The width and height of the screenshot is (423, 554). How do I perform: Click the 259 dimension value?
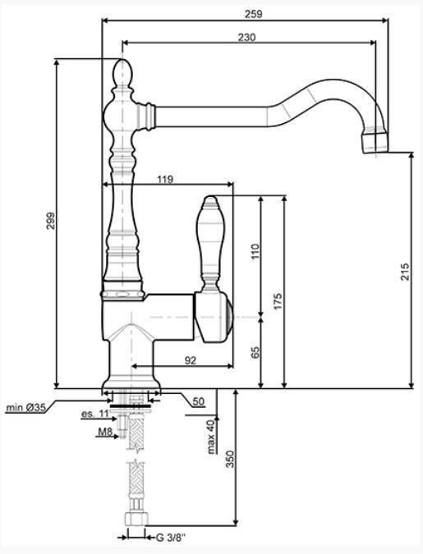(x=254, y=14)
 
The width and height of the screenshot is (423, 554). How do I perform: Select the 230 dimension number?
(x=246, y=37)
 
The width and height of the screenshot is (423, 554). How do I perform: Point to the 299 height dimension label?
(x=51, y=221)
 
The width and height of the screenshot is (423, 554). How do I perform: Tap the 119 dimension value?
(x=165, y=180)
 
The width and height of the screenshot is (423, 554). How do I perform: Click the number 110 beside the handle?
(x=255, y=251)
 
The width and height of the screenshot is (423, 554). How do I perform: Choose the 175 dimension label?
(x=278, y=301)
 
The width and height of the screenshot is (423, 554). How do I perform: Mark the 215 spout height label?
(x=405, y=272)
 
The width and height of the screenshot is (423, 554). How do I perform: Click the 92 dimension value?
(x=190, y=360)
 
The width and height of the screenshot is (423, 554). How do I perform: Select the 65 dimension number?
(x=255, y=353)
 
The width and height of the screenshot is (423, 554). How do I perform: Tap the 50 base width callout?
(x=199, y=401)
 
